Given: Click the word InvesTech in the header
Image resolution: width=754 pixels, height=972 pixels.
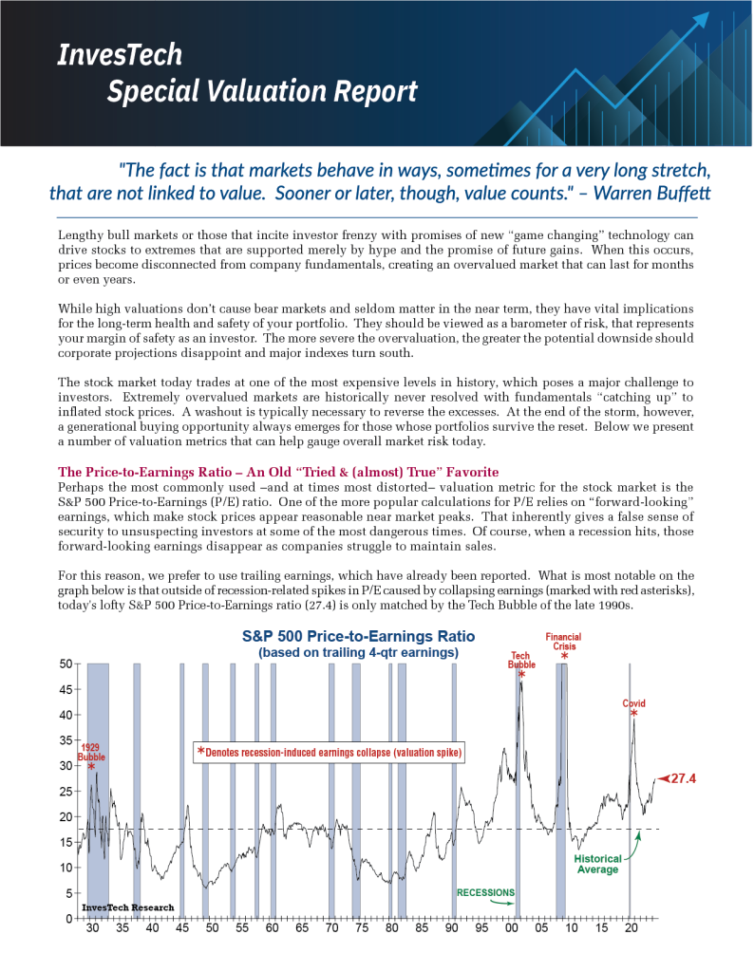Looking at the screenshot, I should pos(119,54).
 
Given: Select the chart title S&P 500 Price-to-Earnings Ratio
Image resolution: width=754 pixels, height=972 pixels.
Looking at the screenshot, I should pos(359,636).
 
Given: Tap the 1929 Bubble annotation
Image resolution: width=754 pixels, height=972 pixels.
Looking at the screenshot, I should pos(91,753).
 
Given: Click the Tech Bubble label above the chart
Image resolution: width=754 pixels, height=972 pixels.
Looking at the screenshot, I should pos(521,660).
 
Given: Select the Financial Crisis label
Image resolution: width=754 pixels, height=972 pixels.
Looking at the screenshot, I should pos(563,642).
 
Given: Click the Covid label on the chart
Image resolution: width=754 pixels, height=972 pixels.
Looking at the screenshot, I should pos(633,703).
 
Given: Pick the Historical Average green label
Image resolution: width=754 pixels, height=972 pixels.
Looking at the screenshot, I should pos(597,864).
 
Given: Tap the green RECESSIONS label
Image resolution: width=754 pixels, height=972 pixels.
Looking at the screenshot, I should pos(485,892).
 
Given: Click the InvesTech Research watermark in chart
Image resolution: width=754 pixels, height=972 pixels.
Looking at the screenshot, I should pos(128,907).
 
